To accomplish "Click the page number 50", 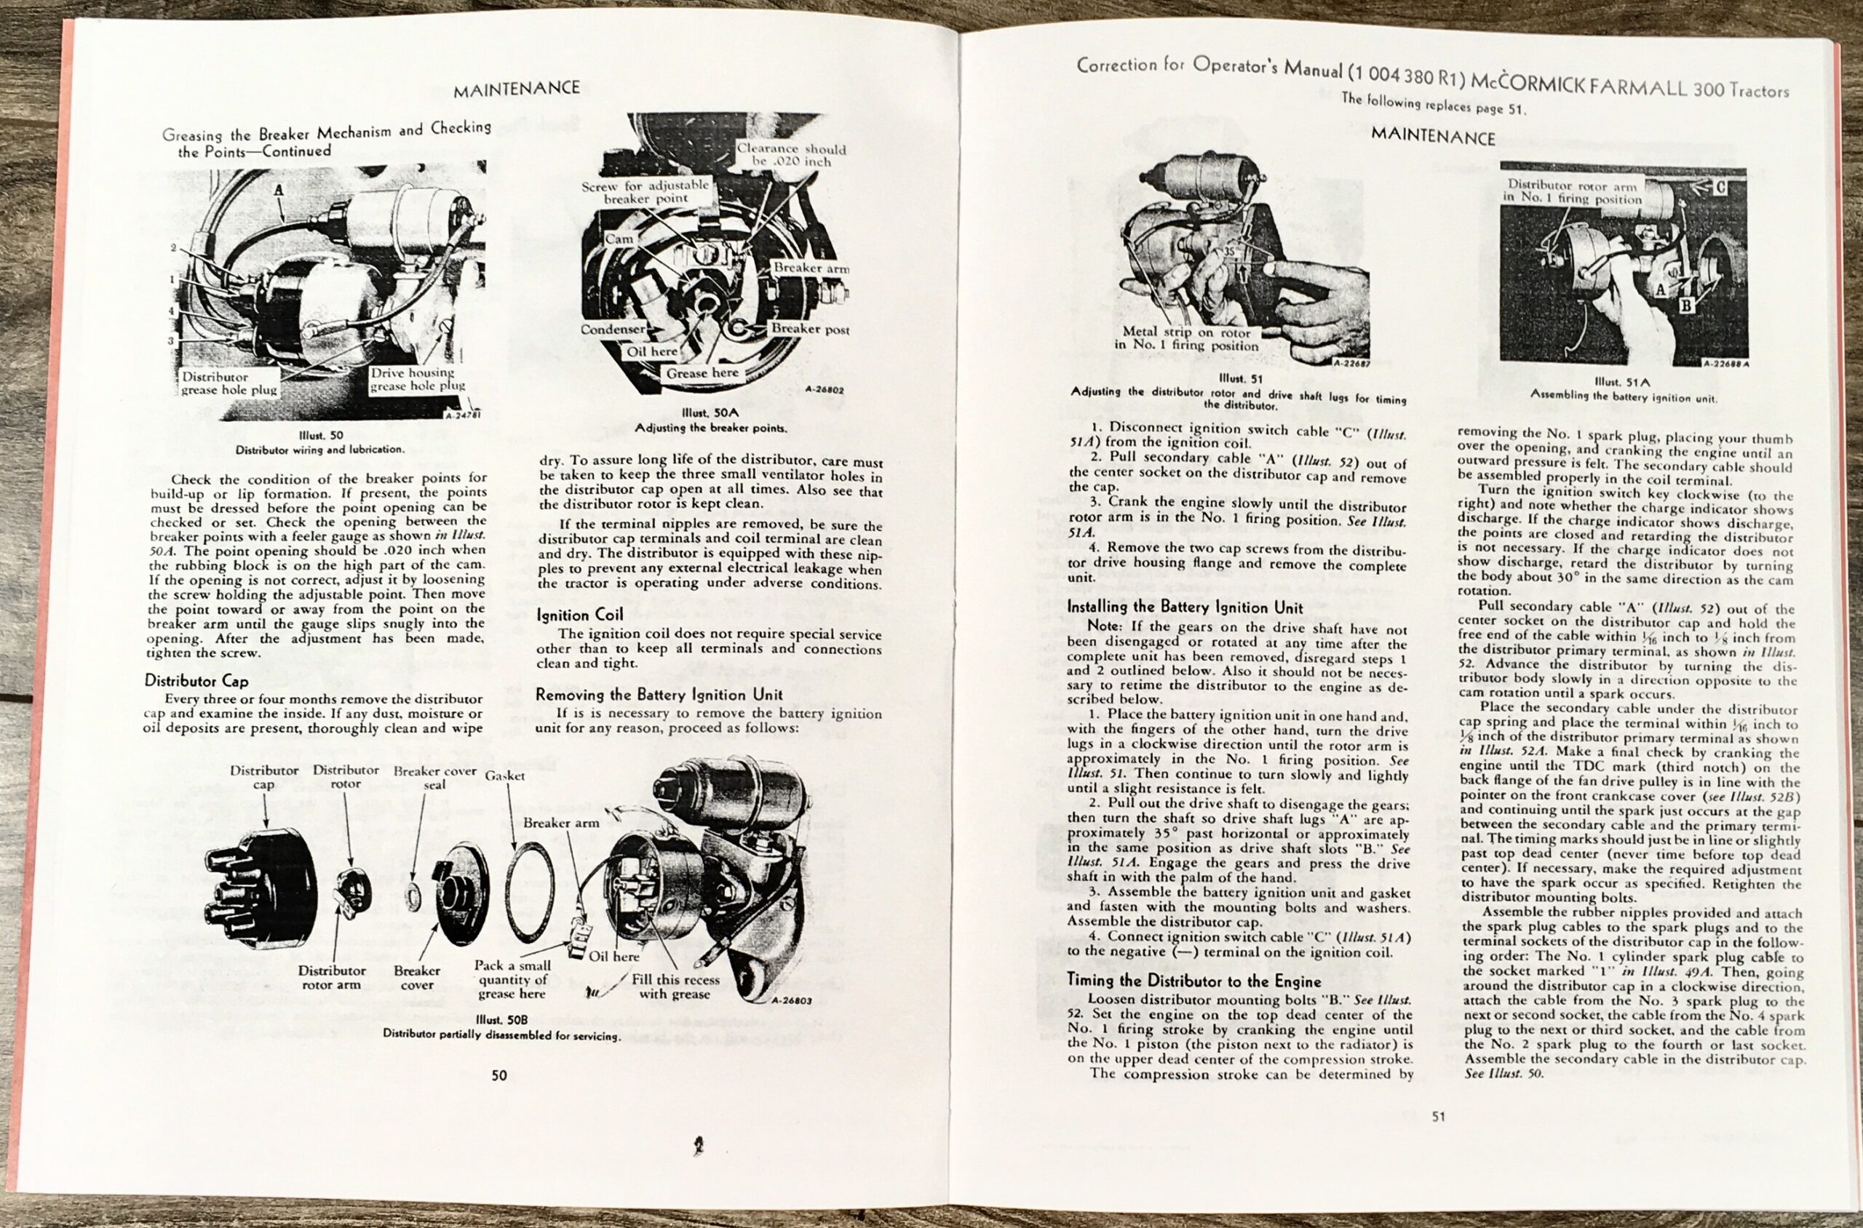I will point(499,1075).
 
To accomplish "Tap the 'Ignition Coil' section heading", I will point(580,615).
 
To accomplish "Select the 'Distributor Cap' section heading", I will point(196,681).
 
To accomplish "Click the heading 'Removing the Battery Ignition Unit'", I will point(659,694).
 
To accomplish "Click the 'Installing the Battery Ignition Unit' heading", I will point(1185,607).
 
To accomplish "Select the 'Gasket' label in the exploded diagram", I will point(504,776).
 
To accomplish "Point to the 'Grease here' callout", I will point(702,374).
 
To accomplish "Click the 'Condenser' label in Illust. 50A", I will point(613,330).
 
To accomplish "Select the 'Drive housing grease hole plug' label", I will point(418,379).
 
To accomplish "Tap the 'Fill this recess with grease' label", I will point(675,986).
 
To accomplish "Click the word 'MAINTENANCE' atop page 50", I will point(516,88).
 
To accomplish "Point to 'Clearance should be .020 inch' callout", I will point(790,154).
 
